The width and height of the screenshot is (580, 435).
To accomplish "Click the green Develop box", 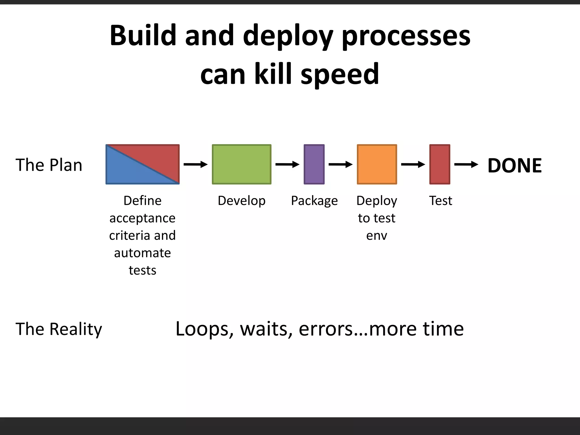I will (242, 164).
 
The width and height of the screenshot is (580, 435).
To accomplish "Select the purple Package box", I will (314, 164).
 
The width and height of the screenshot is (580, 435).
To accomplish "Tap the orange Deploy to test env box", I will (377, 164).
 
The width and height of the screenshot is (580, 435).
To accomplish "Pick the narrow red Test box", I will (440, 164).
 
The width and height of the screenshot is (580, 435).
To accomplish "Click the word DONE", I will (514, 165).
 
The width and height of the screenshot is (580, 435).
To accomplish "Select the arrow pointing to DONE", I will (466, 164).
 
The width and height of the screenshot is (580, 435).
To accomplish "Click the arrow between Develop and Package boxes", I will (287, 164).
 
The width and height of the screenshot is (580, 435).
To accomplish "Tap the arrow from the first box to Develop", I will (195, 164).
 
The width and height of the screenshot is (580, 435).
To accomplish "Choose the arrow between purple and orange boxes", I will (340, 164).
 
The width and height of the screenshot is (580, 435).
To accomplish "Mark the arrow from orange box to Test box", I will (413, 164).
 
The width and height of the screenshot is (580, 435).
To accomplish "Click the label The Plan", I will (49, 165).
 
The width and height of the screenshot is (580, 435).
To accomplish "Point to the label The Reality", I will (59, 329).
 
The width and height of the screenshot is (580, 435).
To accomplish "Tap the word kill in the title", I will (273, 74).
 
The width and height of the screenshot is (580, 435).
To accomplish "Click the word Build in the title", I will (143, 35).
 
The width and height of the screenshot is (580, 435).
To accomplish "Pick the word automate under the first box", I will (142, 253).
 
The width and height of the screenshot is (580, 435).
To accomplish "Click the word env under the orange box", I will (376, 236).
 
